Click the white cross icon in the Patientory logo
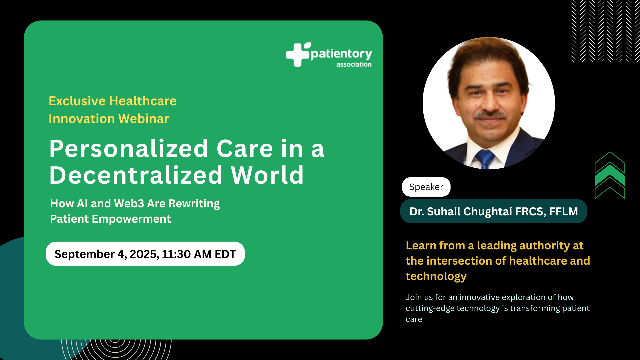297,55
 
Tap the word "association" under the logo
354,64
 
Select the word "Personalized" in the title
129,149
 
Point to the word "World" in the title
267,175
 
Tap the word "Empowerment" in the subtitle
131,219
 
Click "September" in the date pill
85,254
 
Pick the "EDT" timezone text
225,254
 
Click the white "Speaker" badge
426,187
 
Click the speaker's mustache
490,115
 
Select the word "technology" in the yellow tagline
436,276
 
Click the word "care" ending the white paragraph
414,319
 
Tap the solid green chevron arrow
610,175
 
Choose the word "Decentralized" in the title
136,175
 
